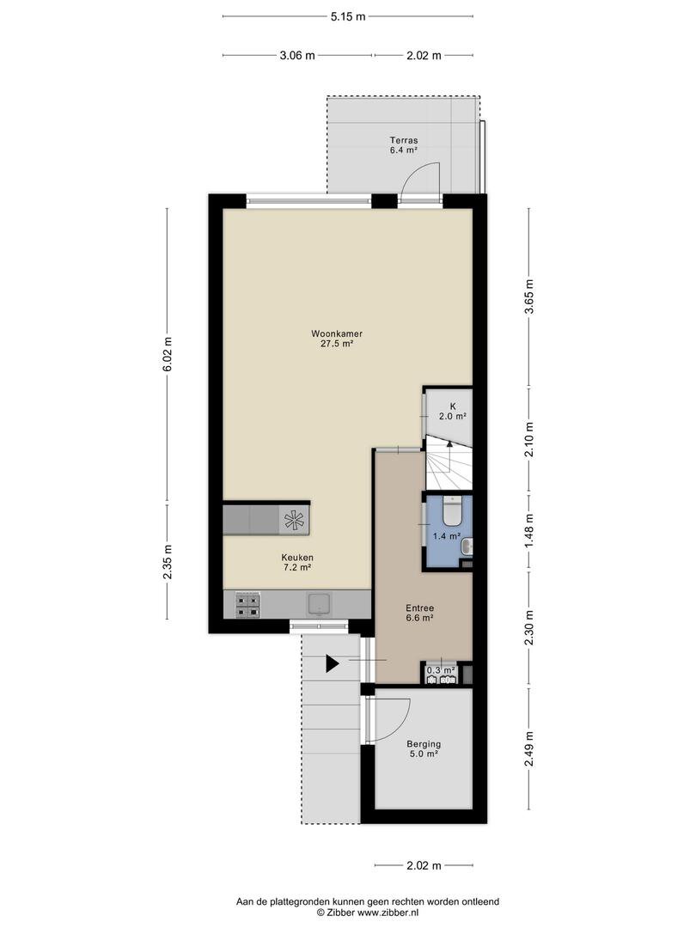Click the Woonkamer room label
337,333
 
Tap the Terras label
404,140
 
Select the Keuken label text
297,558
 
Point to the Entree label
419,607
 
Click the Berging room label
424,744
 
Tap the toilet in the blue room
452,510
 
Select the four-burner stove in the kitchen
247,605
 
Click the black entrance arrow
333,663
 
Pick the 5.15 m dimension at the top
348,16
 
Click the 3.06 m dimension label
297,56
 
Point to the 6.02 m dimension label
168,355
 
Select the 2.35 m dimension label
168,561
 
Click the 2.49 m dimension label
529,749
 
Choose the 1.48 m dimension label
529,529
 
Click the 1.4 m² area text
447,536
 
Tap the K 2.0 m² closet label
453,412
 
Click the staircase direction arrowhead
449,443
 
